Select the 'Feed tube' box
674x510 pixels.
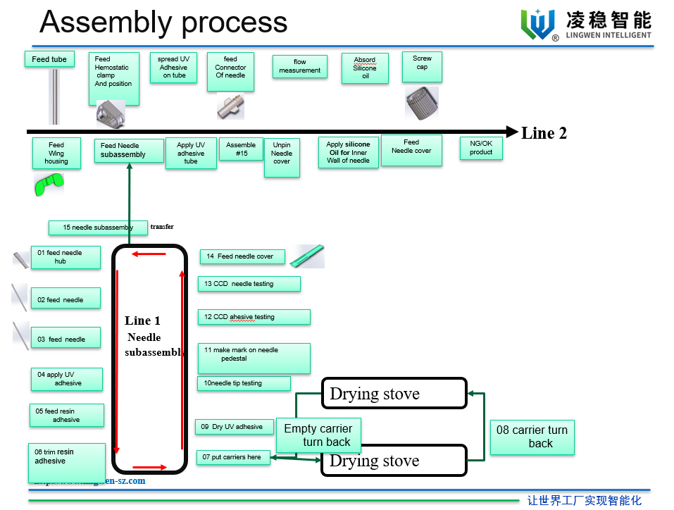(49, 59)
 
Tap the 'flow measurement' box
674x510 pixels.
(299, 66)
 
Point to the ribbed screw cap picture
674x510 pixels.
(422, 103)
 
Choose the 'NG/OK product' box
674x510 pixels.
(481, 148)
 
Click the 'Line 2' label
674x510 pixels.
(544, 133)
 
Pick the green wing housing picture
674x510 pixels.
(49, 185)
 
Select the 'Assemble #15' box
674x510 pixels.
(241, 149)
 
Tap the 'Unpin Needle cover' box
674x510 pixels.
(282, 157)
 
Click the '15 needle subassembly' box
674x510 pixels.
(98, 228)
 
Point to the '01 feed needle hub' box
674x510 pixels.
(65, 257)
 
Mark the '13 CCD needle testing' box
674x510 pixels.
(249, 284)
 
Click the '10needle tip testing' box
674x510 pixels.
(244, 383)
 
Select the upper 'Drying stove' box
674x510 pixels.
(394, 393)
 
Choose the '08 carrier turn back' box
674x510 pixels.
(532, 437)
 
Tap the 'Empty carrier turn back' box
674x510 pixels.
(318, 435)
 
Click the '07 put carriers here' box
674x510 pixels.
(233, 457)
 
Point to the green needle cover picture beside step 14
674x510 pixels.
(307, 256)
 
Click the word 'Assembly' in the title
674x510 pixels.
(106, 23)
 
